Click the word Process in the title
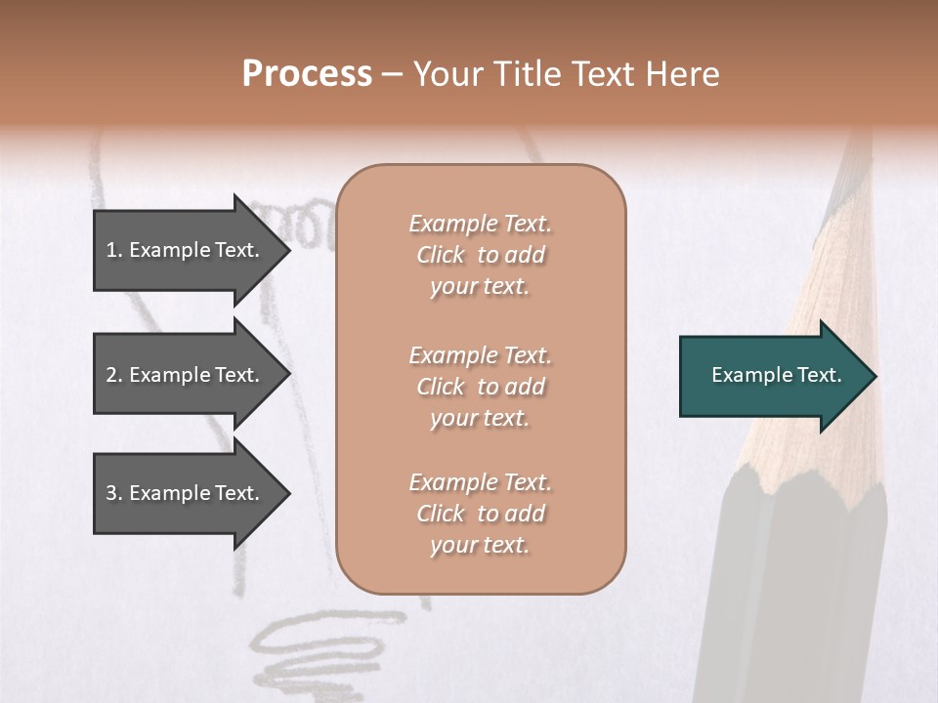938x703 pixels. coord(307,74)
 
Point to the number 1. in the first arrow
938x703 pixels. coord(114,250)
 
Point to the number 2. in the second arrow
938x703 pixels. coord(114,375)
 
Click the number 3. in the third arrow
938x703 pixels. coord(114,493)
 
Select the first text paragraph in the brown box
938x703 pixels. coord(480,255)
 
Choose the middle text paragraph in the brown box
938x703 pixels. coord(480,387)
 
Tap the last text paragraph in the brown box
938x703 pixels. coord(480,514)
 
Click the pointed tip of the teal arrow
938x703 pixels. coord(872,376)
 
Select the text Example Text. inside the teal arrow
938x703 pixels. coord(777,376)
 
